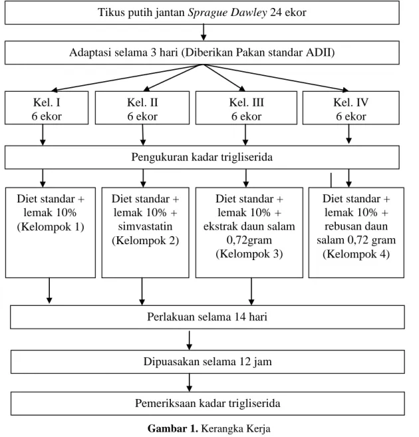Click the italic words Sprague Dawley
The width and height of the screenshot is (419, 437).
click(x=227, y=13)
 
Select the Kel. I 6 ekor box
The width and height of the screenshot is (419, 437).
click(x=47, y=108)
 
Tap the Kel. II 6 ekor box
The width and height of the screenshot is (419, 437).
click(x=142, y=108)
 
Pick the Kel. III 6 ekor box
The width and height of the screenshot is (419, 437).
click(x=246, y=108)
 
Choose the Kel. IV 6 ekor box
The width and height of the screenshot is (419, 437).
click(x=351, y=108)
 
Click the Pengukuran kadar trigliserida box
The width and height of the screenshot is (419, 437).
click(x=202, y=157)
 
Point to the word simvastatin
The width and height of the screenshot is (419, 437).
click(x=145, y=226)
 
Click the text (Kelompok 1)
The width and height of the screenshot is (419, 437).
click(x=51, y=227)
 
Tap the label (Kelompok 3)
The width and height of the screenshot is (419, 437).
click(x=249, y=254)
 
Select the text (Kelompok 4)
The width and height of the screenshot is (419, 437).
click(x=356, y=254)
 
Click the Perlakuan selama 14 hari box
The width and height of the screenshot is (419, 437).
click(x=208, y=317)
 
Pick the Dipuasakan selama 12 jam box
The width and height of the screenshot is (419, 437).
click(x=208, y=362)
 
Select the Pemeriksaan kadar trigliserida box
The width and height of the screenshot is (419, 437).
click(x=208, y=403)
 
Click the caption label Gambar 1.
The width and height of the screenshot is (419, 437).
click(x=173, y=428)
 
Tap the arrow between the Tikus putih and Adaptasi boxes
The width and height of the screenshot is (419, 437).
click(x=204, y=33)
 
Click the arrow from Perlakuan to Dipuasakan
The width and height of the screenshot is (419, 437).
click(x=189, y=341)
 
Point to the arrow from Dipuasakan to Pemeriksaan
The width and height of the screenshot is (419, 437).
click(x=189, y=382)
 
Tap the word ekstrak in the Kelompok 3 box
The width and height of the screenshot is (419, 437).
click(x=221, y=226)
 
